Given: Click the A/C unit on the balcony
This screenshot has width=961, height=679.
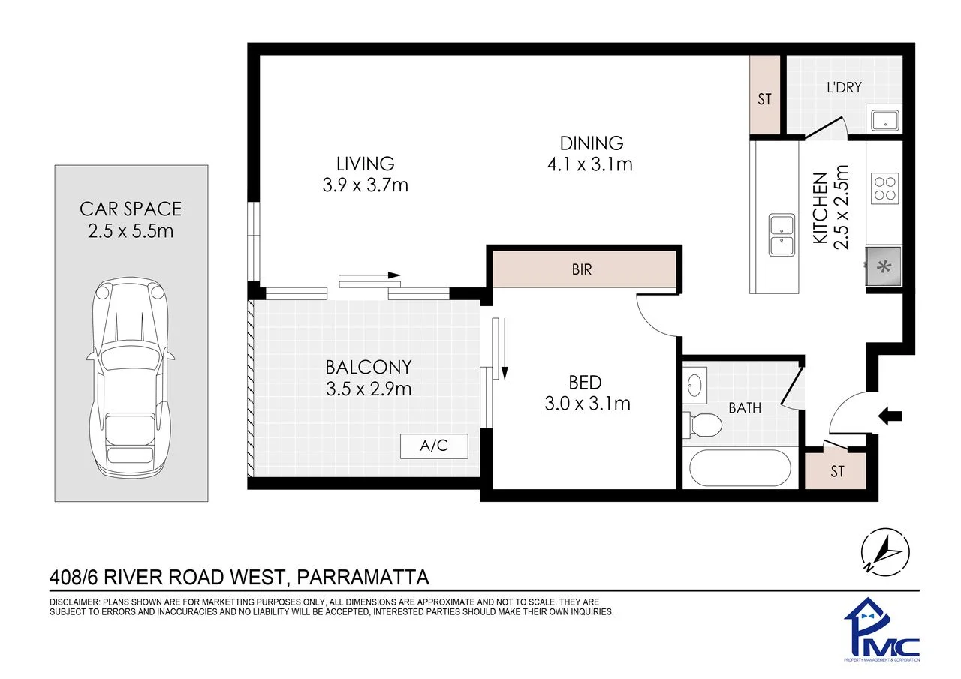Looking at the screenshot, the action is pos(434,446).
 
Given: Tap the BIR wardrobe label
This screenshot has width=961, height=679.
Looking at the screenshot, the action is pos(582,269).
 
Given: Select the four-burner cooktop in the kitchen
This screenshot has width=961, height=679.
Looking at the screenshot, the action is pos(884,188).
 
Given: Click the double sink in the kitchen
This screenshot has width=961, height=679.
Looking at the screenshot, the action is pos(782,235).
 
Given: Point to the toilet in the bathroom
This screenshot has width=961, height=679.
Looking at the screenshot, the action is pos(702,425).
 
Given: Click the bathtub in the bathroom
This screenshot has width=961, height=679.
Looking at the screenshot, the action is pos(740,467).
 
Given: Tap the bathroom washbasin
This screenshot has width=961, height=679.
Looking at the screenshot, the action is pos(694,385).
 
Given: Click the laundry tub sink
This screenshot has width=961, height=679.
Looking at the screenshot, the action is pos(884,121).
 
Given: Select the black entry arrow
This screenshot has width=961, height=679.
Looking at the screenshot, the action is pos(890,416).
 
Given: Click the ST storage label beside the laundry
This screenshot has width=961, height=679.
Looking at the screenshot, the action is pos(764,99).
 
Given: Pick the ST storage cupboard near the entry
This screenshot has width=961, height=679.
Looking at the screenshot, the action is pos(835,470).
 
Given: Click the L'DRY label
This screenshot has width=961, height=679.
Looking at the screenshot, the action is pos(844,88).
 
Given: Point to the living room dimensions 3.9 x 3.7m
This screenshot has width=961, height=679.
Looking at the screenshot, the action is pos(365,185).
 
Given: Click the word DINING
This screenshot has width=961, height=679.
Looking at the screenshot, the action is pos(592,143).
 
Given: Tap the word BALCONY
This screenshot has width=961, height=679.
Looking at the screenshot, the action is pos(369,368).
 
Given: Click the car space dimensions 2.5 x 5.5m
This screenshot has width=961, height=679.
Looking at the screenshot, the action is pos(131,232).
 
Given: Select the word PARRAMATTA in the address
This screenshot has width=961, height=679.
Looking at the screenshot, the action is pos(363,578).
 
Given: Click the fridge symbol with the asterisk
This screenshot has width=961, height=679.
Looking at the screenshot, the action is pos(884,266).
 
